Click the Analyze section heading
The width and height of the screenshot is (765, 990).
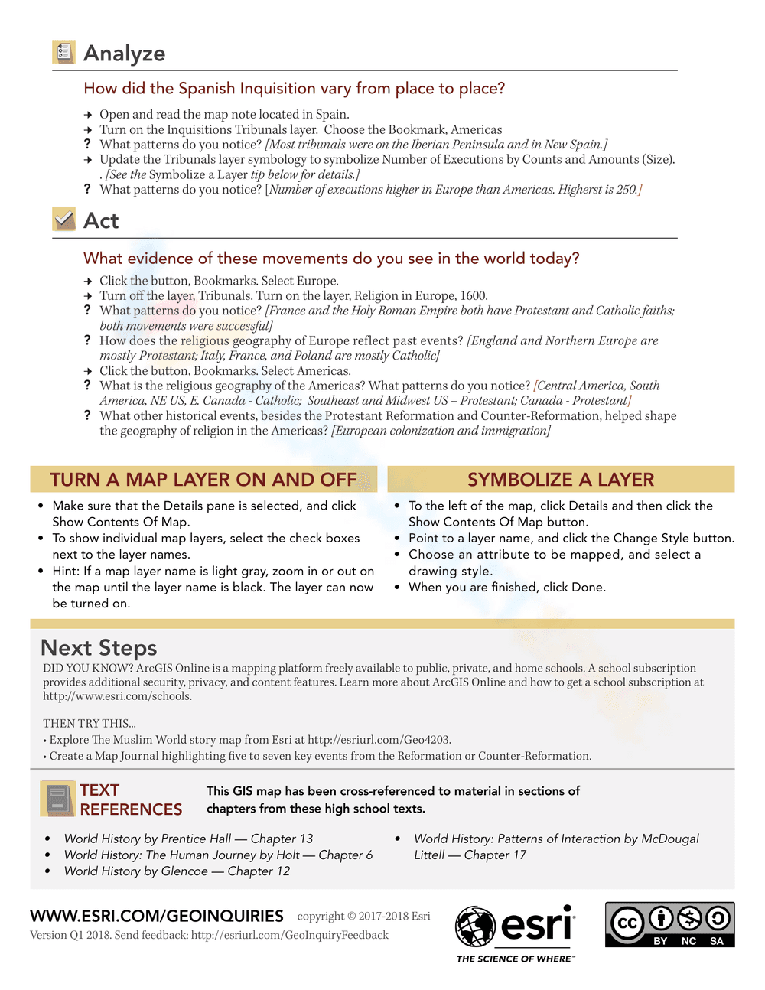click(x=124, y=54)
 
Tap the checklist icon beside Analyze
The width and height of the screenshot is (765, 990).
click(x=63, y=52)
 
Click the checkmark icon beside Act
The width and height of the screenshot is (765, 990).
click(x=64, y=220)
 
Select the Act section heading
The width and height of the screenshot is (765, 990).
click(x=101, y=221)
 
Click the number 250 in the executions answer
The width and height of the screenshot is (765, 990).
click(x=627, y=189)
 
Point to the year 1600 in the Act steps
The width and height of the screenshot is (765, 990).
click(x=474, y=295)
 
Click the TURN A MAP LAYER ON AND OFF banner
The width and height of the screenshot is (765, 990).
click(x=203, y=480)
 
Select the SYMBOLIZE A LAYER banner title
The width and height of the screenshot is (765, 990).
click(x=561, y=480)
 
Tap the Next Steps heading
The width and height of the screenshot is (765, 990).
click(x=99, y=648)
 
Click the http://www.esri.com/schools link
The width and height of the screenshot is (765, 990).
click(x=117, y=696)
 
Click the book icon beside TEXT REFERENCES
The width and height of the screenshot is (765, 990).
click(x=57, y=799)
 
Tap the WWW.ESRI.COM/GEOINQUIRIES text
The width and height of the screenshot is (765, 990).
click(x=157, y=916)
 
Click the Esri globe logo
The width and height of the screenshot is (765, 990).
click(x=475, y=926)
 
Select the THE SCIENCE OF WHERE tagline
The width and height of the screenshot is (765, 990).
click(x=515, y=959)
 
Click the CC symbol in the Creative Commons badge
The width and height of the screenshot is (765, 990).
click(x=627, y=922)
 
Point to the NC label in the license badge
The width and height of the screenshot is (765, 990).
click(x=688, y=941)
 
